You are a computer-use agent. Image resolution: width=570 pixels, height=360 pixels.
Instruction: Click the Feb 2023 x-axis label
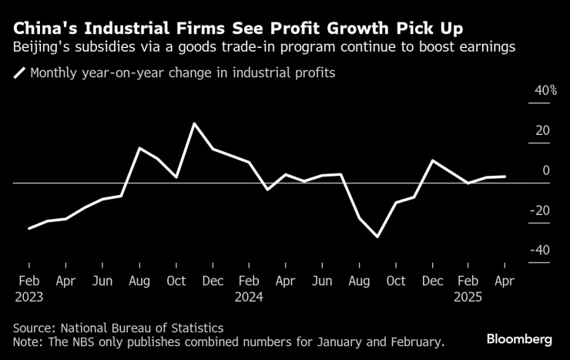coord(28,289)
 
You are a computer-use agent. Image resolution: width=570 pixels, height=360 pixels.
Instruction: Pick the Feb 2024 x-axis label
coord(249,289)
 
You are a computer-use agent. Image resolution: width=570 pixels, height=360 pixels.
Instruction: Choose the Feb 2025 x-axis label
coord(468,289)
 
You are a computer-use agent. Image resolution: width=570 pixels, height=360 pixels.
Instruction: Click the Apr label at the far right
coord(504,282)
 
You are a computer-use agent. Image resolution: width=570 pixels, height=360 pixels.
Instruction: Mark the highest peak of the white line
coord(194,123)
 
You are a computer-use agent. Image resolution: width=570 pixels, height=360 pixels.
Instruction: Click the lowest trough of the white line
coord(377,237)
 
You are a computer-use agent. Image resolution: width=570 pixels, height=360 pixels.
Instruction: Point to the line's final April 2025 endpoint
coord(505,177)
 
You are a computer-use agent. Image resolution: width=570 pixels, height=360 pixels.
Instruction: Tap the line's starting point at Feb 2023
coord(29,228)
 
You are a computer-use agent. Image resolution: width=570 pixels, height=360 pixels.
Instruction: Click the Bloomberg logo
coord(519,339)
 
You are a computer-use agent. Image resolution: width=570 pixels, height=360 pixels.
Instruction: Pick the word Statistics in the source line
coord(196,327)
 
